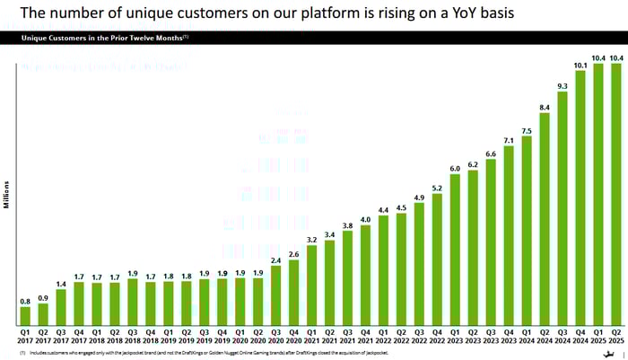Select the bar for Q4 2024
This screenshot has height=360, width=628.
pyautogui.click(x=580, y=198)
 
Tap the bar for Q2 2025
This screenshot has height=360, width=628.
pyautogui.click(x=616, y=193)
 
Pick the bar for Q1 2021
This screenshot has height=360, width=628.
pyautogui.click(x=312, y=285)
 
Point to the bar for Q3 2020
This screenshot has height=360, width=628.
pyautogui.click(x=276, y=295)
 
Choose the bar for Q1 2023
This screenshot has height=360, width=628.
pyautogui.click(x=455, y=250)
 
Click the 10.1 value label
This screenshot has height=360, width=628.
pyautogui.click(x=580, y=65)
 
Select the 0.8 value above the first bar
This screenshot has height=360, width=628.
pyautogui.click(x=25, y=301)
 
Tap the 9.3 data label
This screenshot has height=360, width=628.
pyautogui.click(x=563, y=86)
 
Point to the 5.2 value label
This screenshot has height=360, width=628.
pyautogui.click(x=437, y=189)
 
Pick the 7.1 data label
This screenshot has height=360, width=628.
pyautogui.click(x=509, y=141)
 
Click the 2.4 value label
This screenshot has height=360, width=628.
pyautogui.click(x=276, y=260)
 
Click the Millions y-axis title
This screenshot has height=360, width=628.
pyautogui.click(x=6, y=193)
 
